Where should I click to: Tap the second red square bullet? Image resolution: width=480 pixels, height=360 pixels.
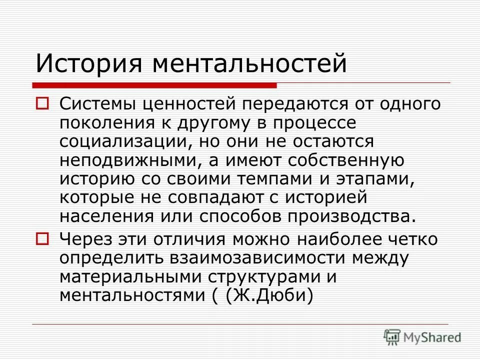pos(42,238)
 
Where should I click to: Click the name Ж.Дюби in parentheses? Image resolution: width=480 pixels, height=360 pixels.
pos(268,294)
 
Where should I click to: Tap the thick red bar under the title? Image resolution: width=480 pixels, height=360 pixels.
pos(155,84)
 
